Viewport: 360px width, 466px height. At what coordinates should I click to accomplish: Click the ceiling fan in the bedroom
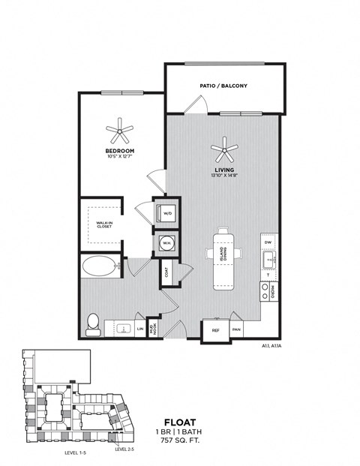(119, 133)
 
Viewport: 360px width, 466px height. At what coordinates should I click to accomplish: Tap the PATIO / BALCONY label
(224, 86)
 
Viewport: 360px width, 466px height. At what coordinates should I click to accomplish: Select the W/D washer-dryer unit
(165, 212)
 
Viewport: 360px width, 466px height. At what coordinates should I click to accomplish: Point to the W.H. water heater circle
(165, 243)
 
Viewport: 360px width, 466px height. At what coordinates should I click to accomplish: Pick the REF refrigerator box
(215, 329)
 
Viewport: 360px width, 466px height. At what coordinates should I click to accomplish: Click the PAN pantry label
(236, 329)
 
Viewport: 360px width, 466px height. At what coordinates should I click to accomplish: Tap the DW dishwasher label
(267, 243)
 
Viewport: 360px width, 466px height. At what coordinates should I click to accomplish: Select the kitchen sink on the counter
(268, 261)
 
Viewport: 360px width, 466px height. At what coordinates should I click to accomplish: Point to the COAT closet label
(165, 272)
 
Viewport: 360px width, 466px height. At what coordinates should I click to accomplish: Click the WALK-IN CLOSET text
(103, 224)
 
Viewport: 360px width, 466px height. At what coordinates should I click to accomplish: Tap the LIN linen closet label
(140, 329)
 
